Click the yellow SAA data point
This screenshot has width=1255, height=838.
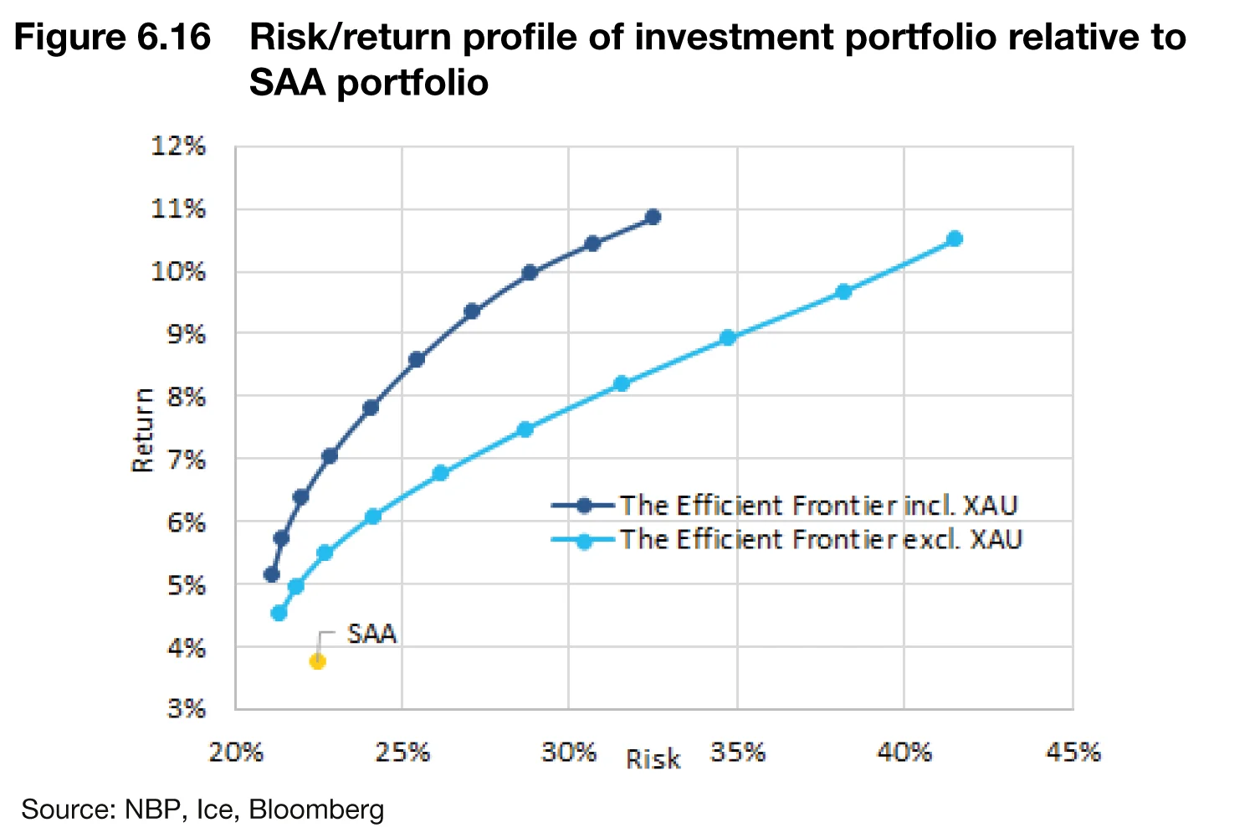[317, 661]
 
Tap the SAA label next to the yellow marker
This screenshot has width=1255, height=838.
[371, 634]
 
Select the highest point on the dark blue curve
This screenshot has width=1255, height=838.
[653, 217]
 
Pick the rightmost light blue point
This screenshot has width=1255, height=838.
[954, 239]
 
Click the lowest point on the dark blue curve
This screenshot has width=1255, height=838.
[271, 574]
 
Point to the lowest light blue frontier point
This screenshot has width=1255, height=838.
[279, 613]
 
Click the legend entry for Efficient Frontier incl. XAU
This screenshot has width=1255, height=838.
[817, 506]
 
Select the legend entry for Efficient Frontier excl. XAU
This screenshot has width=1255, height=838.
[820, 540]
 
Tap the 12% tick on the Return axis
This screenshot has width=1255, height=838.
[178, 147]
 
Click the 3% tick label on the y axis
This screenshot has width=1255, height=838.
[186, 709]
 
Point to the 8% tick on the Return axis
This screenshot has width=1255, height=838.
[186, 397]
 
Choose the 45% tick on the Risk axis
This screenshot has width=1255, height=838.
[1073, 752]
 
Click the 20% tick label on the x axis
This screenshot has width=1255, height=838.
[235, 752]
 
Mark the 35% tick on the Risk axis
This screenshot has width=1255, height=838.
[737, 752]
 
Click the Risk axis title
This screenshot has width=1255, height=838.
[653, 759]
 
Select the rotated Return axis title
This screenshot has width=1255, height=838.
[143, 430]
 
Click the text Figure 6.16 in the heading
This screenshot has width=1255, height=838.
[112, 39]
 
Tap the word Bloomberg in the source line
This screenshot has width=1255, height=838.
[316, 810]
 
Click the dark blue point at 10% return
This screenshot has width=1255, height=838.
[529, 272]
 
